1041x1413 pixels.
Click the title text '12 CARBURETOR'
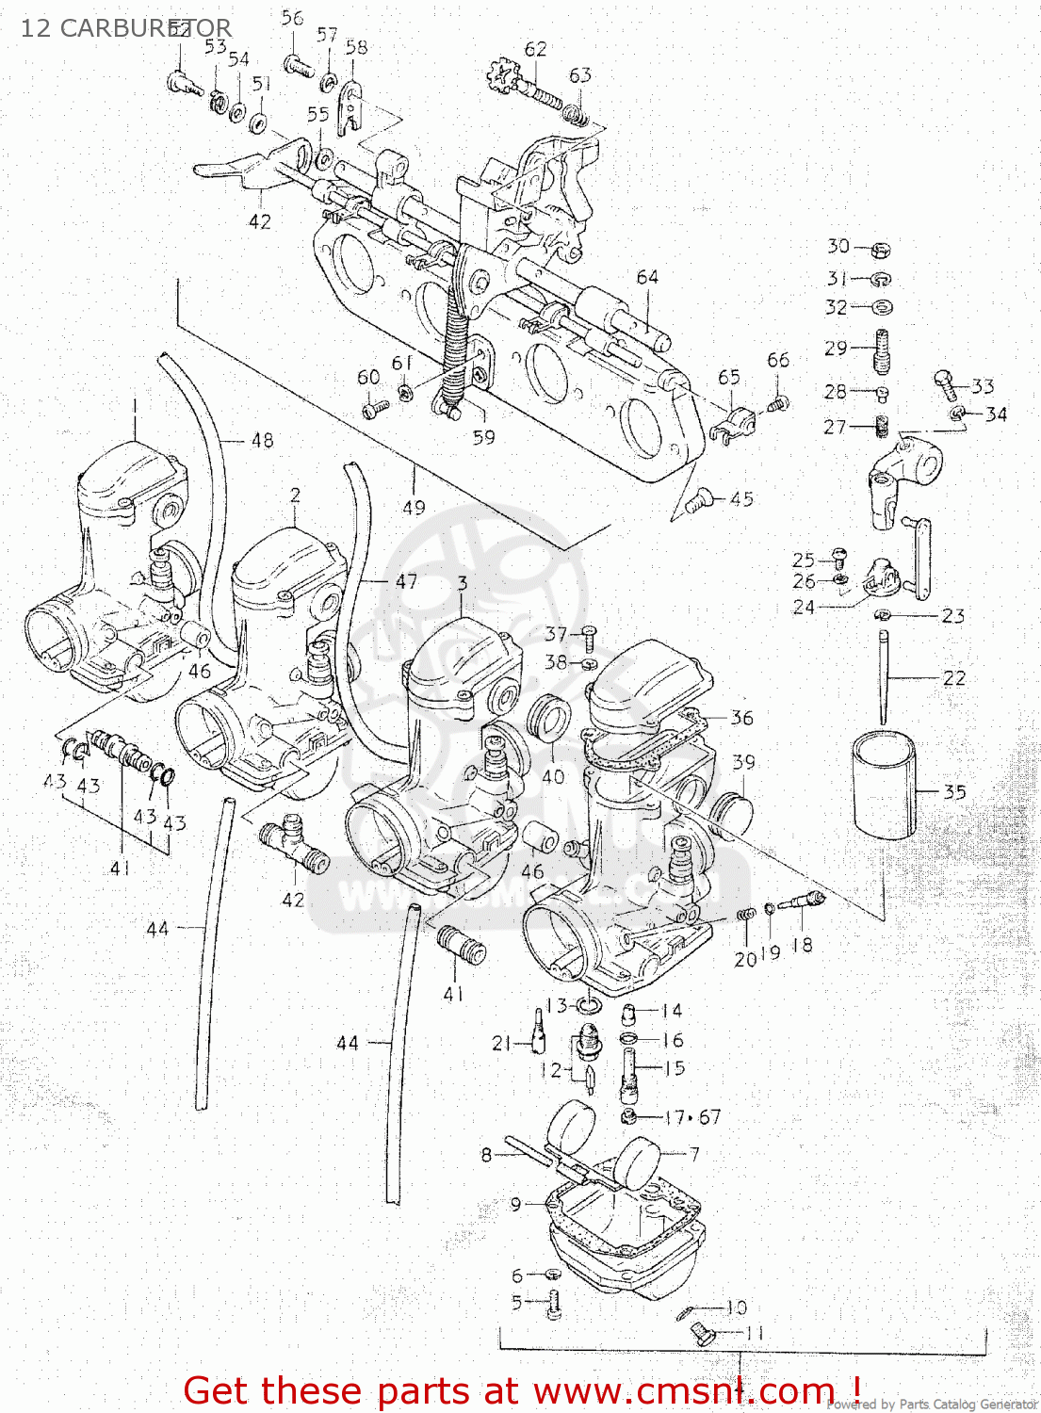click(x=125, y=28)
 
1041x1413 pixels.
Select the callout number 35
click(x=954, y=792)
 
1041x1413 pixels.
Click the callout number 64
click(x=647, y=277)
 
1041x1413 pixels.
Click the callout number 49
click(x=414, y=507)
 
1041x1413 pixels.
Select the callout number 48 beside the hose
click(x=262, y=440)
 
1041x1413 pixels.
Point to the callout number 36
click(x=742, y=718)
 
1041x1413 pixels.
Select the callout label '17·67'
click(x=692, y=1117)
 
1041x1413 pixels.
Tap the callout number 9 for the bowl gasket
click(x=515, y=1204)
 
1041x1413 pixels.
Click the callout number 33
click(x=983, y=386)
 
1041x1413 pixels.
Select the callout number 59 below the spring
click(x=483, y=437)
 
